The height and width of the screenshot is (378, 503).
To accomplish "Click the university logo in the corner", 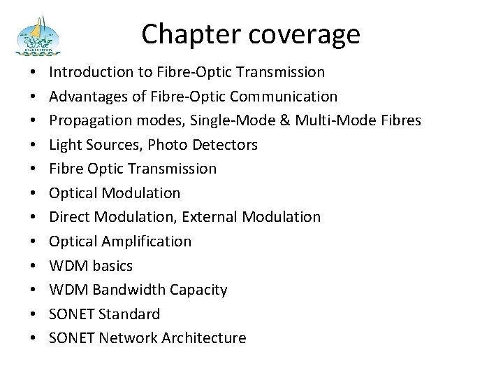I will [41, 38].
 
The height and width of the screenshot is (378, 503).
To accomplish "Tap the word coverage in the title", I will [304, 33].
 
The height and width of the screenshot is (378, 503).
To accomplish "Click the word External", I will [210, 217].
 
